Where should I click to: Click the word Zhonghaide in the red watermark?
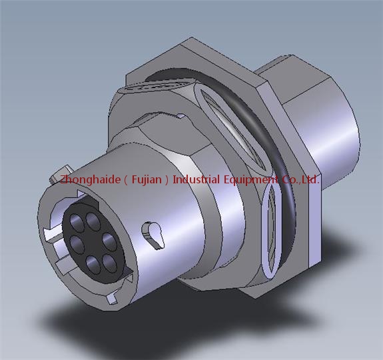[91, 180]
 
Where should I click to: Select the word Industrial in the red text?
[196, 179]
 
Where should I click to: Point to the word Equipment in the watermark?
[251, 180]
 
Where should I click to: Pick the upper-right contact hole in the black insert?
[93, 221]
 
